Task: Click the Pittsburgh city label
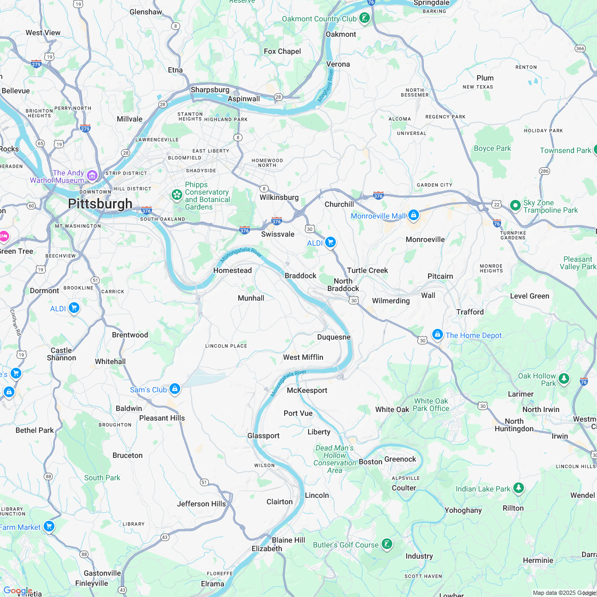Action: pyautogui.click(x=100, y=204)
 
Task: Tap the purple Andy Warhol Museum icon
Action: pyautogui.click(x=92, y=175)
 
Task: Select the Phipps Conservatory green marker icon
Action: pyautogui.click(x=176, y=195)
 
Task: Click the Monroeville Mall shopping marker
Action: pyautogui.click(x=414, y=215)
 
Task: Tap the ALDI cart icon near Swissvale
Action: pyautogui.click(x=330, y=243)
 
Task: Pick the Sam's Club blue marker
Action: pyautogui.click(x=175, y=389)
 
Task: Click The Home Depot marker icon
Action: pyautogui.click(x=438, y=335)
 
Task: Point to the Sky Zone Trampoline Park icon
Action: pyautogui.click(x=515, y=205)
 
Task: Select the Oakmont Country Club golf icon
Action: pyautogui.click(x=365, y=19)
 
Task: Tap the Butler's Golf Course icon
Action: pyautogui.click(x=387, y=544)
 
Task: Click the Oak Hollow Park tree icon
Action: pyautogui.click(x=564, y=379)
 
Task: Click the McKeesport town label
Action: pyautogui.click(x=307, y=390)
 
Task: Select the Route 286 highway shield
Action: pyautogui.click(x=544, y=171)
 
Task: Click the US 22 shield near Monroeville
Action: pyautogui.click(x=497, y=205)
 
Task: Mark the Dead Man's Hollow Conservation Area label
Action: pyautogui.click(x=335, y=459)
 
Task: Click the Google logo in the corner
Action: pyautogui.click(x=18, y=591)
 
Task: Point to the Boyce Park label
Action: pyautogui.click(x=493, y=148)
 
